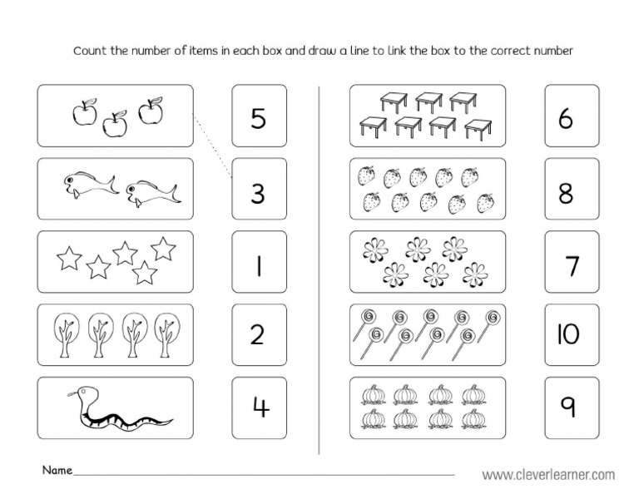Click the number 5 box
[258, 119]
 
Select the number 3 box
[258, 192]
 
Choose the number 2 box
[258, 334]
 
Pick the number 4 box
[258, 407]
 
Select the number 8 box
[571, 192]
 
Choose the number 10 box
[571, 334]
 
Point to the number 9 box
[571, 407]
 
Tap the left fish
[82, 184]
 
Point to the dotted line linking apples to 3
[211, 146]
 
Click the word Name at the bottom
[57, 470]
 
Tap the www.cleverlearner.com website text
[548, 475]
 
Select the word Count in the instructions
[90, 51]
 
